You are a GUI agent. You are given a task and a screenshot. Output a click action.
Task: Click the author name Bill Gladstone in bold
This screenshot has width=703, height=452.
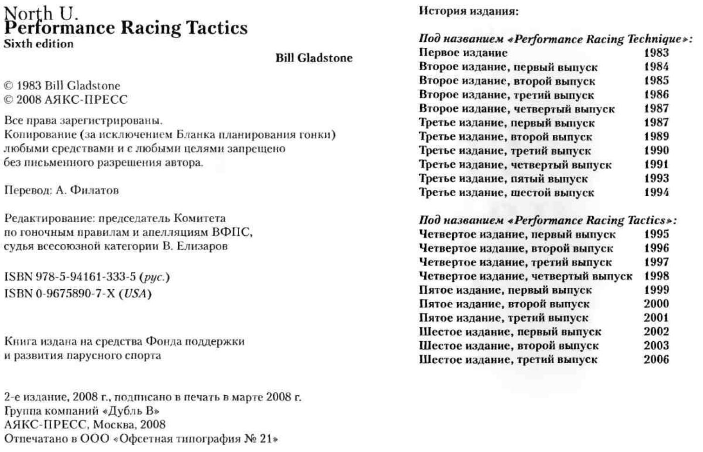point(314,58)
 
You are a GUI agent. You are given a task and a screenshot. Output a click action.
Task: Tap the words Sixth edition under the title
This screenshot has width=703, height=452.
point(38,44)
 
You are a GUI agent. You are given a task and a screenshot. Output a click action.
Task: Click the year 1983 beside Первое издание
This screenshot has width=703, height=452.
point(656,53)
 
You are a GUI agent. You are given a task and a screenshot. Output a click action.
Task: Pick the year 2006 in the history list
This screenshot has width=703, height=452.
point(656,359)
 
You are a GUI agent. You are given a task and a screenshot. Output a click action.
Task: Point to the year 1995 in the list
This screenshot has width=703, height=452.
point(656,234)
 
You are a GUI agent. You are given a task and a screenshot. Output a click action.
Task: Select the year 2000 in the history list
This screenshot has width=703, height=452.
point(656,304)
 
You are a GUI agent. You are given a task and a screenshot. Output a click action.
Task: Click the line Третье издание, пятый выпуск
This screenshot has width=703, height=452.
point(503,179)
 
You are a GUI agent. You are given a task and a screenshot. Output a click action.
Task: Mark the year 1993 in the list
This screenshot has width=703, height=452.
point(656,178)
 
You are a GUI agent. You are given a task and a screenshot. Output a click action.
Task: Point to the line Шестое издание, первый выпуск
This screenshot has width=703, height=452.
point(510,332)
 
